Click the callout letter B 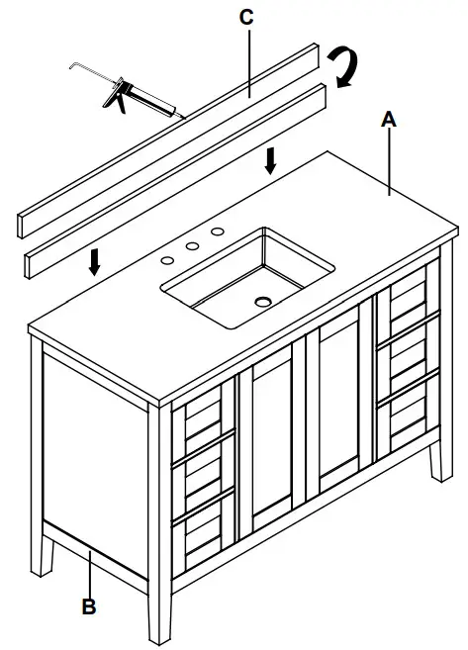click(89, 606)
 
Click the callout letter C click(246, 17)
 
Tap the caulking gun click(124, 94)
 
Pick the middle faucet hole click(191, 246)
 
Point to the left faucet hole click(168, 258)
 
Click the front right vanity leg click(435, 435)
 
